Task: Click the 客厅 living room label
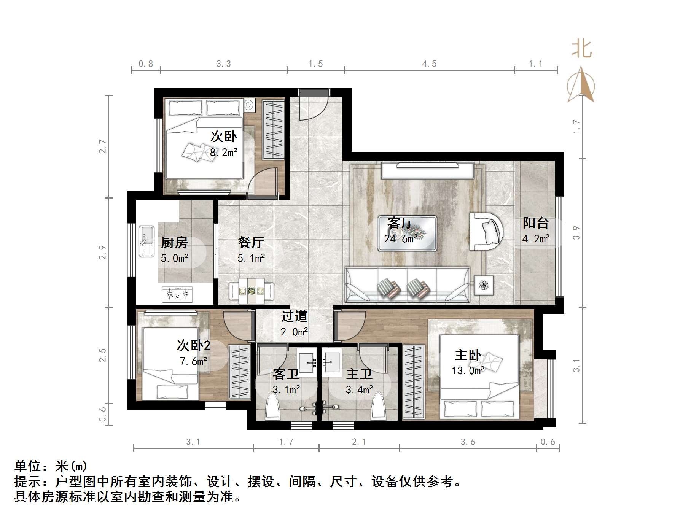[x=400, y=222]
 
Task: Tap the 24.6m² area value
[x=401, y=239]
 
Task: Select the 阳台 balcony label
[x=535, y=223]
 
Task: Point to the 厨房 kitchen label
[x=174, y=242]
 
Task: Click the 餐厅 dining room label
[x=251, y=242]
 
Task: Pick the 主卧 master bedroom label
[x=468, y=355]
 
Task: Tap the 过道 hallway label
[x=294, y=316]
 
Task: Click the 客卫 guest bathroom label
[x=286, y=374]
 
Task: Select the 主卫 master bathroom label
[x=359, y=374]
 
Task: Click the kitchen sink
[x=146, y=241]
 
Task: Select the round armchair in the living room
[x=486, y=231]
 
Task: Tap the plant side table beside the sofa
[x=484, y=285]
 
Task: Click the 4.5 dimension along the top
[x=429, y=64]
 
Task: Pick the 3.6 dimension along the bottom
[x=468, y=442]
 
